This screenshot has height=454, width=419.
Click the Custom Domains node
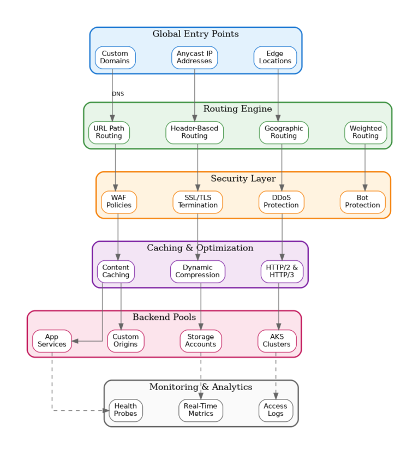[115, 57]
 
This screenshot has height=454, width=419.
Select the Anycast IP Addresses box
[194, 57]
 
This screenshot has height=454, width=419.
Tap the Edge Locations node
[275, 57]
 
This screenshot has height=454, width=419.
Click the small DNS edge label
[118, 94]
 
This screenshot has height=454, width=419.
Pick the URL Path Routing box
[109, 133]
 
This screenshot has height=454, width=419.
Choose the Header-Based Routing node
[194, 133]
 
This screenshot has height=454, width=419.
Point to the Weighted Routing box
[366, 133]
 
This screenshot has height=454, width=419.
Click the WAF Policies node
[119, 202]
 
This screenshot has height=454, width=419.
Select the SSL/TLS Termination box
[197, 202]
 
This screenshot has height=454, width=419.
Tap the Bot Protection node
[362, 202]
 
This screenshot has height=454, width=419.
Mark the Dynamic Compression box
[197, 271]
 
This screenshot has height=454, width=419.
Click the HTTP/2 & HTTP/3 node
[282, 271]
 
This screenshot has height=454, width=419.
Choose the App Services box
[52, 341]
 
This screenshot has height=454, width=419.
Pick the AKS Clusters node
[277, 341]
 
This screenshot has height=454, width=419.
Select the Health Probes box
[125, 410]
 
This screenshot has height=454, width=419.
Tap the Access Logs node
[276, 410]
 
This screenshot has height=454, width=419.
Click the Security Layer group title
[243, 179]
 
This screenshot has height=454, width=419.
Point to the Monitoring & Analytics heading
[201, 387]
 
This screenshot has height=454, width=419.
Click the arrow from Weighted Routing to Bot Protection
[365, 167]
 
